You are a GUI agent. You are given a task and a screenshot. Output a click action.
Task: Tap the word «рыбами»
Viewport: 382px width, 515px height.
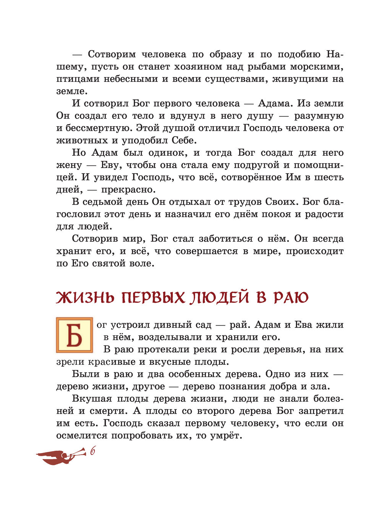266,67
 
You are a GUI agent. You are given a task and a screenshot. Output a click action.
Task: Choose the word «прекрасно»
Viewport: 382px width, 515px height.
127,190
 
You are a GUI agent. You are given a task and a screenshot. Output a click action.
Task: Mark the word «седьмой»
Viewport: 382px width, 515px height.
104,202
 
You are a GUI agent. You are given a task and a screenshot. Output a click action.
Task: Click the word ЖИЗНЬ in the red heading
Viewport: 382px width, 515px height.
86,298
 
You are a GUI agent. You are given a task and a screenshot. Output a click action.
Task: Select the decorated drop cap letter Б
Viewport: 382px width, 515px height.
74,335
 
